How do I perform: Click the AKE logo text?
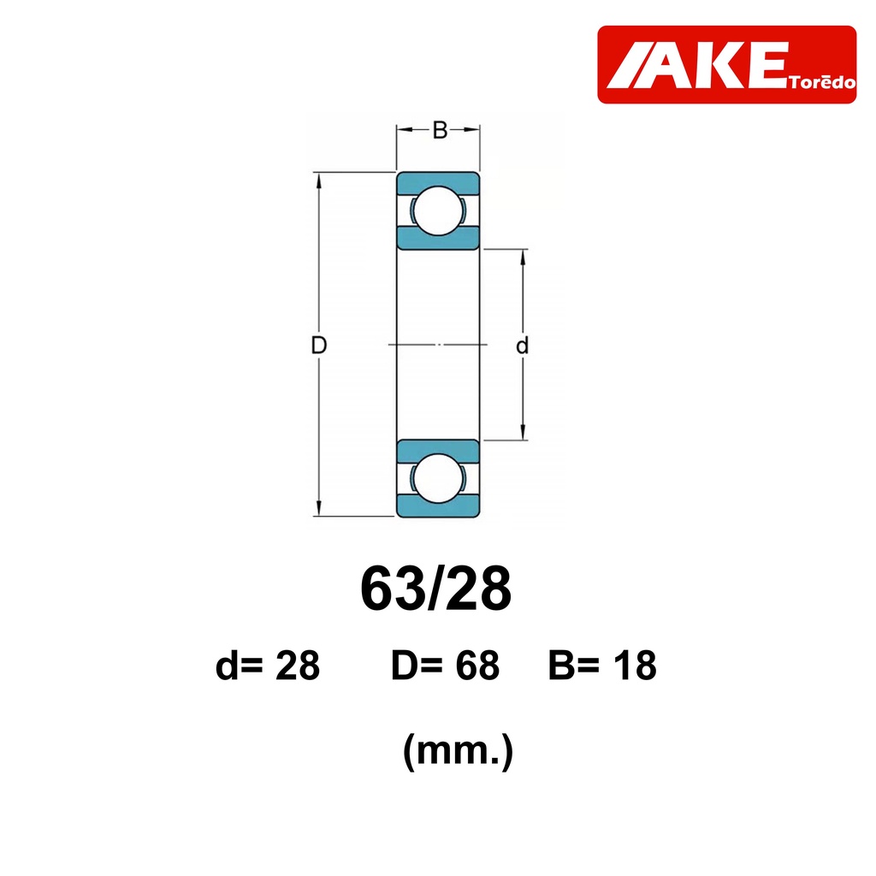click(x=697, y=65)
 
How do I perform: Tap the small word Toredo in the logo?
click(x=822, y=82)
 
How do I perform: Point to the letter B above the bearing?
click(x=440, y=130)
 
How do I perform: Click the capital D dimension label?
click(x=318, y=346)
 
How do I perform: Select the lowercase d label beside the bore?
click(x=522, y=346)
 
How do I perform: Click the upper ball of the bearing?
click(x=439, y=210)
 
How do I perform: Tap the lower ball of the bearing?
click(x=439, y=478)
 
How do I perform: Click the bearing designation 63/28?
click(x=435, y=589)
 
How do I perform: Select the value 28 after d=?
click(x=298, y=666)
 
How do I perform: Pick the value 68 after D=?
click(x=477, y=666)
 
